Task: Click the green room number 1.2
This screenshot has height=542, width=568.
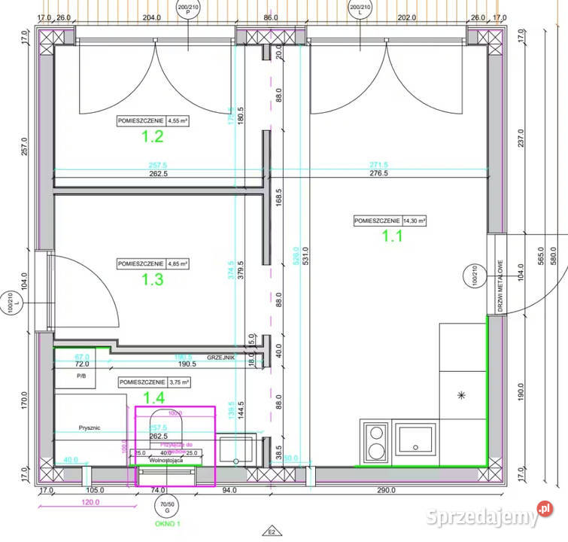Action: pos(153,136)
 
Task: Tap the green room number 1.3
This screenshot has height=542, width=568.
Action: pos(153,279)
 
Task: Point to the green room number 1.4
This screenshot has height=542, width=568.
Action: pos(153,397)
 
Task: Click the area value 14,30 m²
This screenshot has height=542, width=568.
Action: pos(412,221)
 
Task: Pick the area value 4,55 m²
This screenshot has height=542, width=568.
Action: pos(178,120)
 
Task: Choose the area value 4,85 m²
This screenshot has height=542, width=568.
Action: pos(178,263)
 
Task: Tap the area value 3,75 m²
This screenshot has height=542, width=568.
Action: pos(178,382)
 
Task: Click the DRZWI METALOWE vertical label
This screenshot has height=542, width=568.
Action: pos(500,287)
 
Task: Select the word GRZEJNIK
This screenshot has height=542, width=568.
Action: pos(223,358)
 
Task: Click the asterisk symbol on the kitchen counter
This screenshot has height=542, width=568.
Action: pos(461,394)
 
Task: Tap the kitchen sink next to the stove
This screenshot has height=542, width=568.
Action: pos(417,440)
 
